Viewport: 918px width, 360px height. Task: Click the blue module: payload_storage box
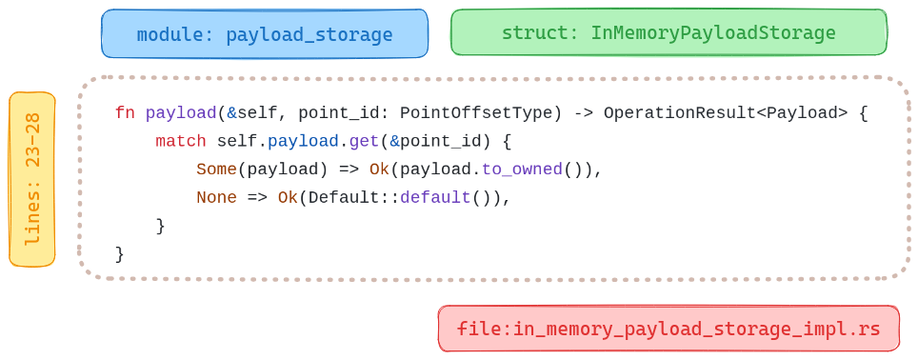click(x=265, y=34)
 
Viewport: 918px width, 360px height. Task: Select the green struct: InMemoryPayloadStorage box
click(x=669, y=32)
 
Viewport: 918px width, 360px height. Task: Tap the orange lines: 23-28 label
click(x=32, y=179)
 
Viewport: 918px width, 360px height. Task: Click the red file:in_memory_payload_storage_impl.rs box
click(x=669, y=329)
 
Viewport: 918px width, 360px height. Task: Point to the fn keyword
click(x=125, y=113)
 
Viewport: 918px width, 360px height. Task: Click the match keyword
click(x=181, y=142)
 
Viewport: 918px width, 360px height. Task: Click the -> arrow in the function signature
click(x=583, y=113)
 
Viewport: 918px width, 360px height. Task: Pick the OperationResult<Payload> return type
click(x=725, y=113)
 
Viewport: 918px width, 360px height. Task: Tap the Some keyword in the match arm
click(x=216, y=170)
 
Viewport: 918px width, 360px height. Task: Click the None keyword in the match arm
click(x=216, y=198)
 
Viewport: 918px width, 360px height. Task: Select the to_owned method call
click(x=522, y=170)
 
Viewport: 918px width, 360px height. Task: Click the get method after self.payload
click(x=364, y=142)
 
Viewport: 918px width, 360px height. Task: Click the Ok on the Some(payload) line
click(x=379, y=170)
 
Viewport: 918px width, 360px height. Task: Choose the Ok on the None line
click(x=288, y=198)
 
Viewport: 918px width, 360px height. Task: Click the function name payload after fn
click(x=181, y=113)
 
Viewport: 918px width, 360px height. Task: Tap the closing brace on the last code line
click(x=120, y=254)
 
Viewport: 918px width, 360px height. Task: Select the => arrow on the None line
click(x=257, y=198)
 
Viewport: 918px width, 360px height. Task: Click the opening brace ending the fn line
click(x=863, y=113)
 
